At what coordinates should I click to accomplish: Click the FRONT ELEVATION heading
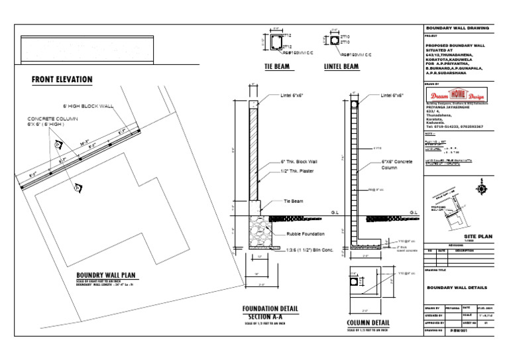62,80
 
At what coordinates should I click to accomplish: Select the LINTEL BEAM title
341,67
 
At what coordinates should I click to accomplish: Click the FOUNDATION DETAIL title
270,309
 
